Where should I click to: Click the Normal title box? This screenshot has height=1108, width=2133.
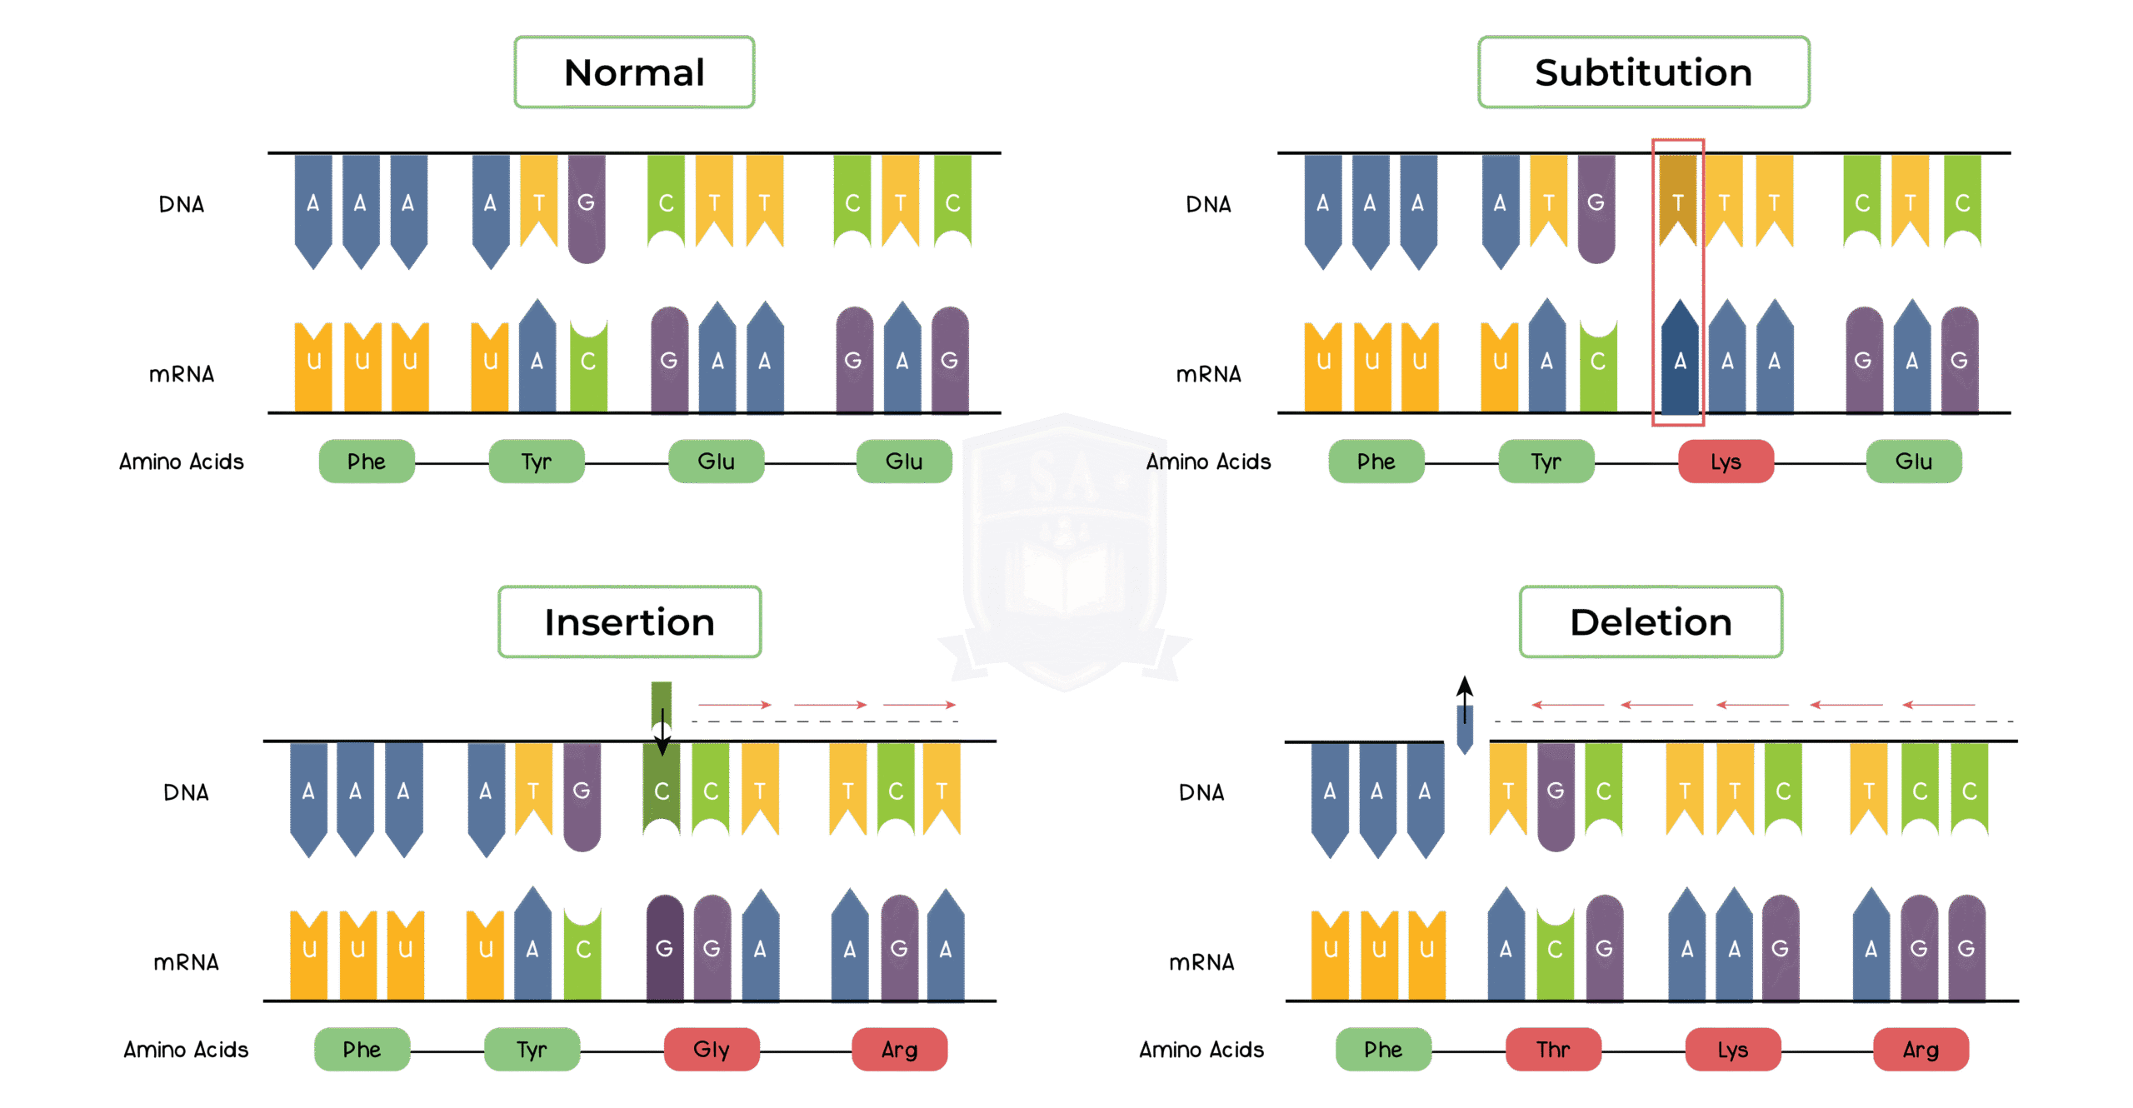[634, 72]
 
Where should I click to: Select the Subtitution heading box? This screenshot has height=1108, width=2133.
[1643, 72]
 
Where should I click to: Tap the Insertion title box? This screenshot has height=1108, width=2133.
[629, 622]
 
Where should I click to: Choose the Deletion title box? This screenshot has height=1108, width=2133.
[1651, 622]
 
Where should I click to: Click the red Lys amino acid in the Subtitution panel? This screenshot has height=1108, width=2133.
[1726, 462]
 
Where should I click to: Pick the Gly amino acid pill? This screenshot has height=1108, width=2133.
[712, 1049]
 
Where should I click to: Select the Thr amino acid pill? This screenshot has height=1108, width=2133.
[1553, 1049]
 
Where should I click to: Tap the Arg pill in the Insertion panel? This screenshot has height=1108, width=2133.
[899, 1049]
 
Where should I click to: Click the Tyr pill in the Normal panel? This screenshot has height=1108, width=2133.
[537, 462]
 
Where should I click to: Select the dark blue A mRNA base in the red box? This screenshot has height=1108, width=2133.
[1680, 360]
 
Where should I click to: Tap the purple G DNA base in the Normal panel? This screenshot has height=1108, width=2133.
[587, 207]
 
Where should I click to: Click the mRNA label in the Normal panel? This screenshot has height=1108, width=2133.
[182, 374]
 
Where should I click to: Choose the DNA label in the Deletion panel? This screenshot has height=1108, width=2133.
[1201, 792]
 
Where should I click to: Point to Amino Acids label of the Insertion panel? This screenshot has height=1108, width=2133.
[186, 1049]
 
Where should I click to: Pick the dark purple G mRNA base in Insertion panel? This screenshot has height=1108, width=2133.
[664, 947]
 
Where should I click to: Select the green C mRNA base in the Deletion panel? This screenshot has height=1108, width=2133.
[1555, 950]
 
